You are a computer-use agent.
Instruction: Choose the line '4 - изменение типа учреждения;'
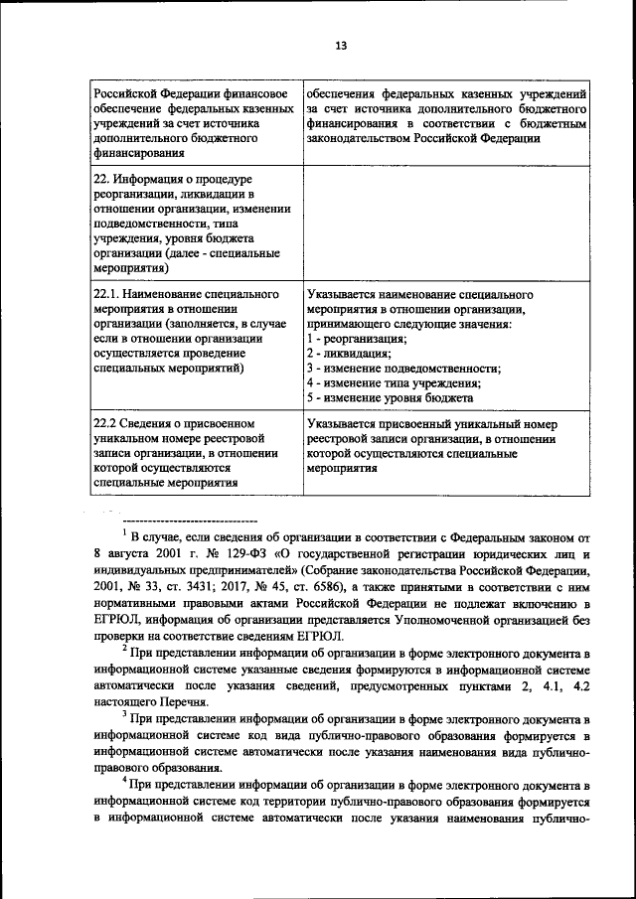coord(393,383)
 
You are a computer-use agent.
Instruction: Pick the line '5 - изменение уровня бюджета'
coord(389,398)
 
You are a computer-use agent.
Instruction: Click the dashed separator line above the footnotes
coord(189,522)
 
